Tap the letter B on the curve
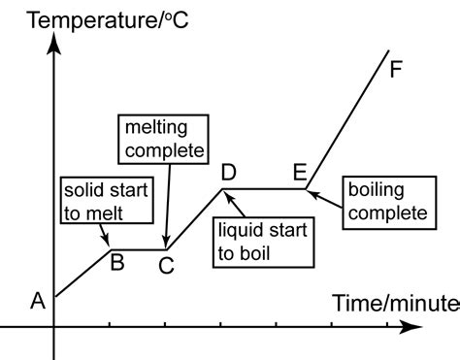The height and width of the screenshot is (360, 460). click(x=116, y=260)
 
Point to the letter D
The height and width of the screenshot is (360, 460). click(x=229, y=173)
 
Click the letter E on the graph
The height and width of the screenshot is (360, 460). click(x=301, y=173)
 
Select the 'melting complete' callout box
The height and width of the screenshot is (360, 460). click(x=164, y=139)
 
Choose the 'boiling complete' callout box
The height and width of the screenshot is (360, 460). click(x=383, y=201)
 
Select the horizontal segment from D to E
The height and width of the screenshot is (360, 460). click(x=266, y=189)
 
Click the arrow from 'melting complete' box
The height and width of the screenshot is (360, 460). click(x=168, y=204)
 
